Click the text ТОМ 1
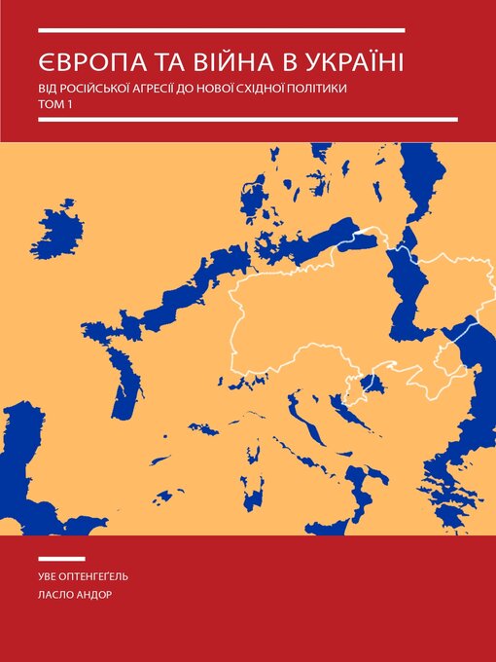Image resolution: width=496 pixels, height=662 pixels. point(56,104)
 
